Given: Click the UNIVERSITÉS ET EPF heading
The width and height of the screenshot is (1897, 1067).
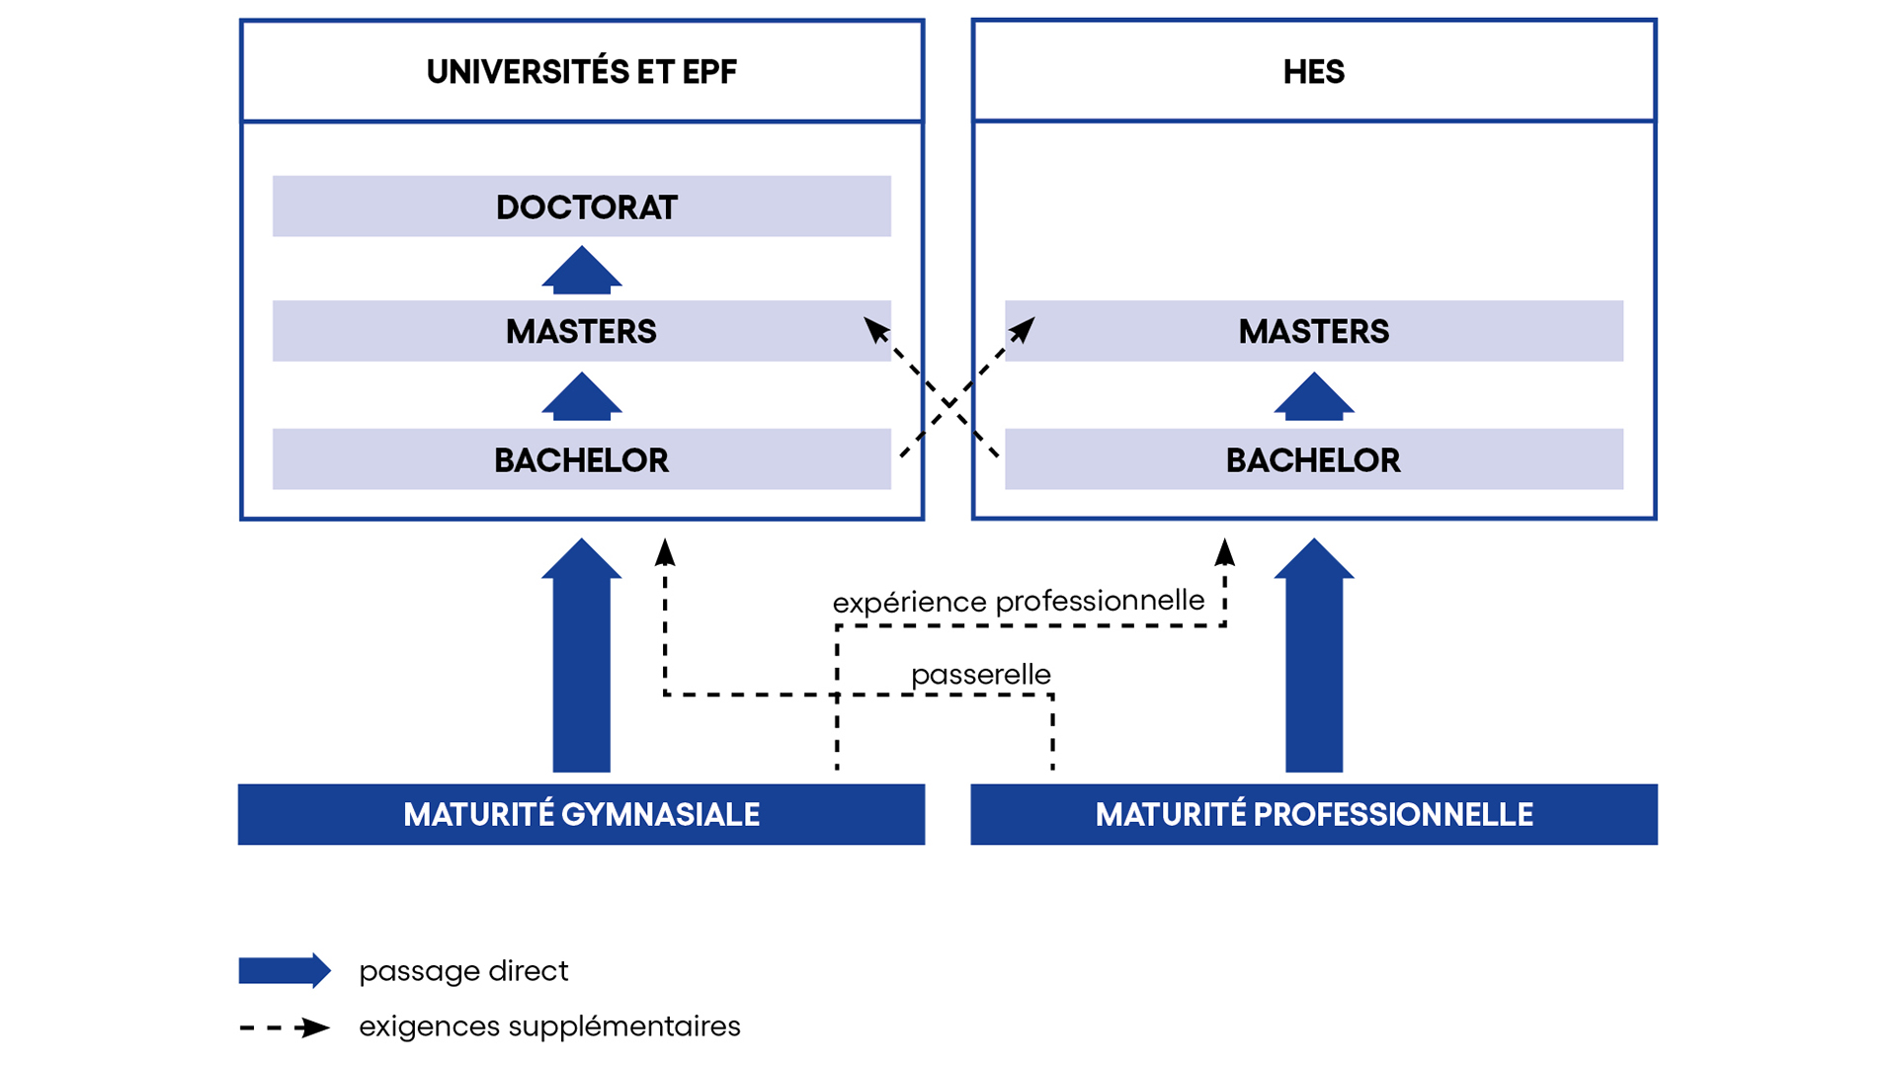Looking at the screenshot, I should [581, 72].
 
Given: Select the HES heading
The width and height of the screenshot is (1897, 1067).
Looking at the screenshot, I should [1313, 72].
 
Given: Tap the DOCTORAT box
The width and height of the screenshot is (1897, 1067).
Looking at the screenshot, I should [582, 206].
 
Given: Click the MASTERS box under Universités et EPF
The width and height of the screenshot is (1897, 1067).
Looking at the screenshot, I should [581, 331].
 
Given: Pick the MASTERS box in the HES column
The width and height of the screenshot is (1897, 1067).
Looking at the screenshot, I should [1313, 331].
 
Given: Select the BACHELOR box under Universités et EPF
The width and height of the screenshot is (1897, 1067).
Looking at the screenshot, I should [581, 459].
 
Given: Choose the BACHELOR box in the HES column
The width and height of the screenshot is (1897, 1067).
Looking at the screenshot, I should [1313, 459].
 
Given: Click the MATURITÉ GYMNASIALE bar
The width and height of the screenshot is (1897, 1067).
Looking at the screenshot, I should [581, 814].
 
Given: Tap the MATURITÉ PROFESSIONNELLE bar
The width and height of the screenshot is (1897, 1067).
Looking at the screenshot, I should [1313, 814].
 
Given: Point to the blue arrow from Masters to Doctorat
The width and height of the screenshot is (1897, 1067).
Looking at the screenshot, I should [582, 271].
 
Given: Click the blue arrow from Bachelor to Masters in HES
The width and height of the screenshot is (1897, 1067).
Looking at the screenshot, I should [1314, 397].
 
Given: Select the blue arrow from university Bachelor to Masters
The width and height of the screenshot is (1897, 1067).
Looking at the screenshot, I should [582, 397].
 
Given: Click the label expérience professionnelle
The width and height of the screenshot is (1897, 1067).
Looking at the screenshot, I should [1018, 601].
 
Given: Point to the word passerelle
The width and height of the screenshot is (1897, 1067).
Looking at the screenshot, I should [980, 675].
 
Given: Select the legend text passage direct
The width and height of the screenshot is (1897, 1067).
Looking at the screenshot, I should [463, 971].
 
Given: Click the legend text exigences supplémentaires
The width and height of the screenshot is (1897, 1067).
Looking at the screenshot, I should [549, 1026].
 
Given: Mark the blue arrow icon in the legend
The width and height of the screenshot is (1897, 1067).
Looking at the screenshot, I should [285, 971].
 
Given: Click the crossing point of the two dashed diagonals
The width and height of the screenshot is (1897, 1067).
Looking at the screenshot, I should [948, 403].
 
